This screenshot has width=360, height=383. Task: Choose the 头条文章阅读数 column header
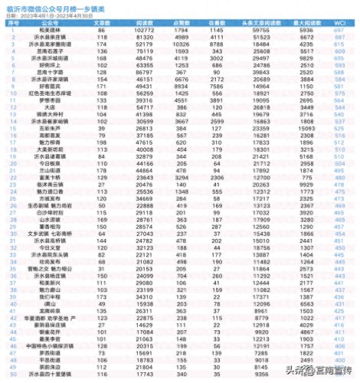[258, 22]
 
